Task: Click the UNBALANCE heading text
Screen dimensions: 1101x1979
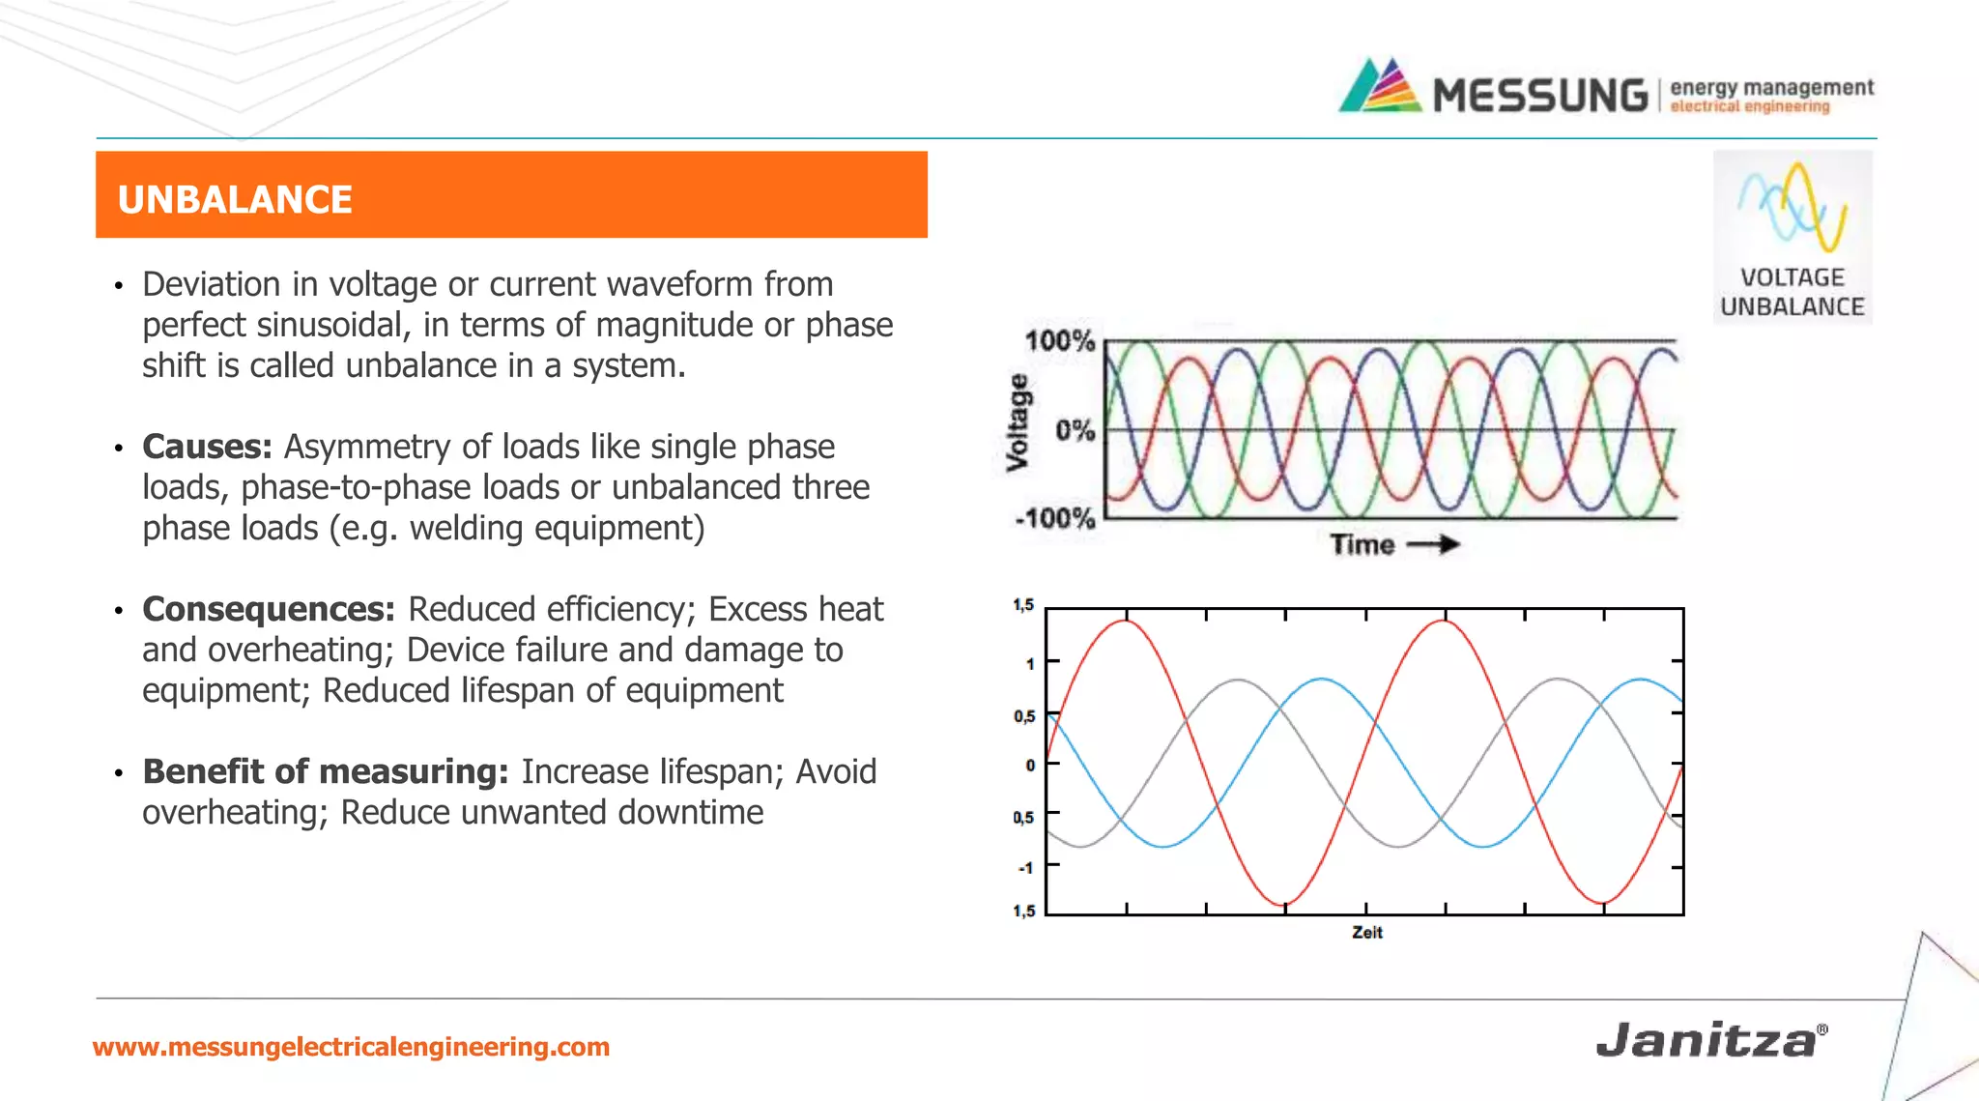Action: pyautogui.click(x=235, y=200)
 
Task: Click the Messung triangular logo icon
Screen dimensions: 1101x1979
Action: pyautogui.click(x=1380, y=87)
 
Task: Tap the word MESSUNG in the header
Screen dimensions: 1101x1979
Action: pyautogui.click(x=1540, y=96)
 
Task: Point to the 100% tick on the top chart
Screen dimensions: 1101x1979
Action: pyautogui.click(x=1059, y=341)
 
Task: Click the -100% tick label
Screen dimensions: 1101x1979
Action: pyautogui.click(x=1054, y=519)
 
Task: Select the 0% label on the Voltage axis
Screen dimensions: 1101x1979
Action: pyautogui.click(x=1074, y=430)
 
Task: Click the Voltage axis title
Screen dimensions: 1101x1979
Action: pyautogui.click(x=1018, y=422)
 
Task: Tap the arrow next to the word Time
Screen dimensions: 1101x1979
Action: pyautogui.click(x=1433, y=545)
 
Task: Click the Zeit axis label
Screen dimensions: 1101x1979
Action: pyautogui.click(x=1366, y=933)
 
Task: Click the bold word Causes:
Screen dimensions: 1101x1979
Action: pyautogui.click(x=207, y=447)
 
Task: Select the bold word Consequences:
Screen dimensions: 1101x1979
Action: pyautogui.click(x=269, y=609)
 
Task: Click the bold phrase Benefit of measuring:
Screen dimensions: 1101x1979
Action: pyautogui.click(x=325, y=771)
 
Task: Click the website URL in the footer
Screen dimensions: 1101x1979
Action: pyautogui.click(x=351, y=1047)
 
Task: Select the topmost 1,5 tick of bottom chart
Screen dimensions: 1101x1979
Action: pyautogui.click(x=1023, y=605)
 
